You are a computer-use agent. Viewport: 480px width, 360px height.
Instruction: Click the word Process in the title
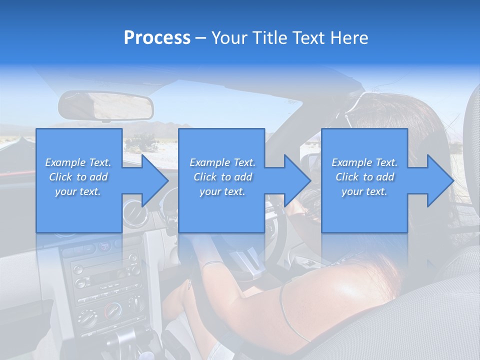[x=157, y=38]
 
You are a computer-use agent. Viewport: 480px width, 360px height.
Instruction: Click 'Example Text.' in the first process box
[x=78, y=162]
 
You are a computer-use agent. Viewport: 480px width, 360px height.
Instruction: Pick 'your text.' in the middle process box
[x=222, y=191]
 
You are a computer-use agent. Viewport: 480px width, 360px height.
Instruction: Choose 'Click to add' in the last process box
[x=364, y=177]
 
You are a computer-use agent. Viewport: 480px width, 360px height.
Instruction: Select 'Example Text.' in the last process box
[x=364, y=162]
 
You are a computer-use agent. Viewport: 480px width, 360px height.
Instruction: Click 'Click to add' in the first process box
[x=78, y=177]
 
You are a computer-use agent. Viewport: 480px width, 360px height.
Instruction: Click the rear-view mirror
[x=106, y=105]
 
